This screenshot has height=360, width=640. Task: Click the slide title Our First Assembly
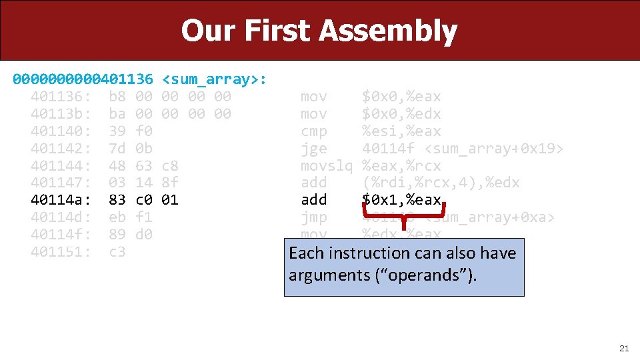tap(319, 31)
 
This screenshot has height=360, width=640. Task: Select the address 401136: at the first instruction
tap(61, 97)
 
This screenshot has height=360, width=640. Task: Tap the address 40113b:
tap(61, 114)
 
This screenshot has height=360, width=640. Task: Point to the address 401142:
tap(61, 148)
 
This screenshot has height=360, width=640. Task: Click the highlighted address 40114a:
tap(61, 199)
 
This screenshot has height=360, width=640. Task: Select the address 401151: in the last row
tap(61, 251)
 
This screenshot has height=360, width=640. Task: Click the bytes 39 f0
tap(130, 131)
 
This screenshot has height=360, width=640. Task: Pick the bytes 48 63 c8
tap(143, 165)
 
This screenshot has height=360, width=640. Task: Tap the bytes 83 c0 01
tap(143, 199)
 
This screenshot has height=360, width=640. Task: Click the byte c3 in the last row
tap(117, 251)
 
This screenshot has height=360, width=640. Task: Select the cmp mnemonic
tap(314, 131)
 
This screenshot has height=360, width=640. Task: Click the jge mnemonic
tap(314, 148)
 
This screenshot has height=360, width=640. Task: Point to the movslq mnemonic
tap(327, 165)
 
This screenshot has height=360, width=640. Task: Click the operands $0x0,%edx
tap(401, 114)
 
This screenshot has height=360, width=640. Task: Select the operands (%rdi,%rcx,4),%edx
tap(441, 183)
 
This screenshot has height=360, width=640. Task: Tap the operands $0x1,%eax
tap(401, 199)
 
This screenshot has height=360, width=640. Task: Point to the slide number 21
tap(624, 348)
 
